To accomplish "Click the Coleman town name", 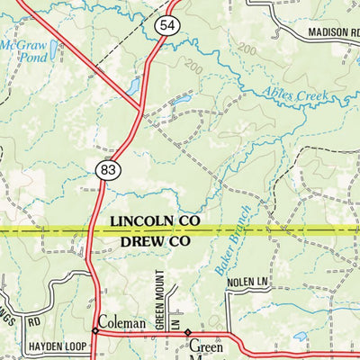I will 121,322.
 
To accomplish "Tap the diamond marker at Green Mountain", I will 187,333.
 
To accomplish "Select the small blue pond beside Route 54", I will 133,86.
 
